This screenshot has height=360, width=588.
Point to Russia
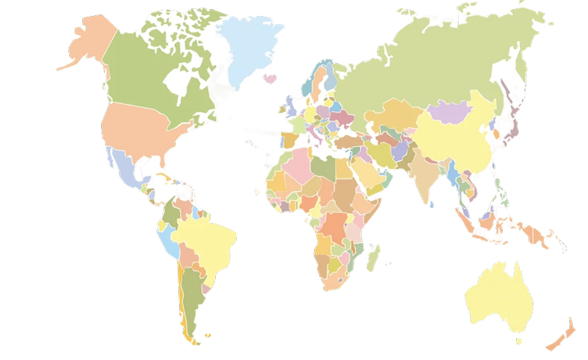(x=429, y=62)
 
